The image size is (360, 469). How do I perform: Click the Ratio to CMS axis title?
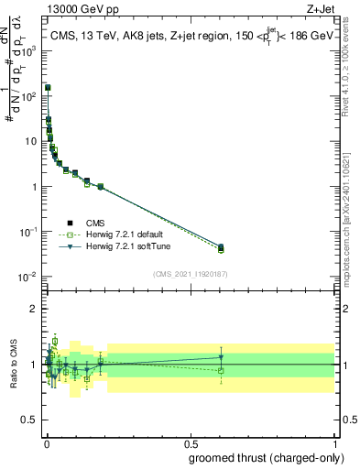coord(13,365)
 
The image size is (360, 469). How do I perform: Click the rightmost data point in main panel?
coord(221,247)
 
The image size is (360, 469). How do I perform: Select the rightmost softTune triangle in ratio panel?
coord(221,357)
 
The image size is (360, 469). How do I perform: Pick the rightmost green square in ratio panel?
coord(221,370)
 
